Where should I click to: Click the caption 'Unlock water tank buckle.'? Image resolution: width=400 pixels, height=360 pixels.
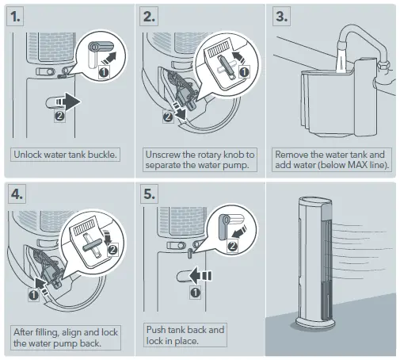click(65, 154)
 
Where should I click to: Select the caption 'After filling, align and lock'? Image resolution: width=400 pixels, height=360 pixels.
click(65, 331)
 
